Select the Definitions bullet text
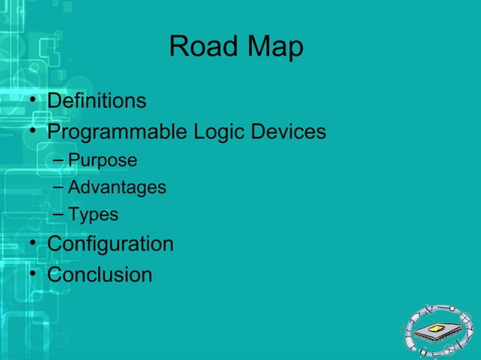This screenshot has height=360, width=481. pyautogui.click(x=97, y=100)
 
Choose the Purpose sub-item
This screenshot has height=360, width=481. pyautogui.click(x=103, y=160)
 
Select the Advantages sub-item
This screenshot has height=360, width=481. pyautogui.click(x=117, y=187)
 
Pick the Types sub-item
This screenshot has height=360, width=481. pyautogui.click(x=93, y=215)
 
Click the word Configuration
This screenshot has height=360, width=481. pyautogui.click(x=110, y=245)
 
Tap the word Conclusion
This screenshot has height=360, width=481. pyautogui.click(x=100, y=275)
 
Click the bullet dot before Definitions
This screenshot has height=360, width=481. pyautogui.click(x=34, y=102)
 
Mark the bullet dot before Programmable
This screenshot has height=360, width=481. pyautogui.click(x=34, y=133)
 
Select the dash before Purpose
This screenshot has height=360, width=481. pyautogui.click(x=59, y=161)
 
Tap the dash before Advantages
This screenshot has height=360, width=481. pyautogui.click(x=59, y=188)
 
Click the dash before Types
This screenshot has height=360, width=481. pyautogui.click(x=59, y=215)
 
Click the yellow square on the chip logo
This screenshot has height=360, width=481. pyautogui.click(x=437, y=328)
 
